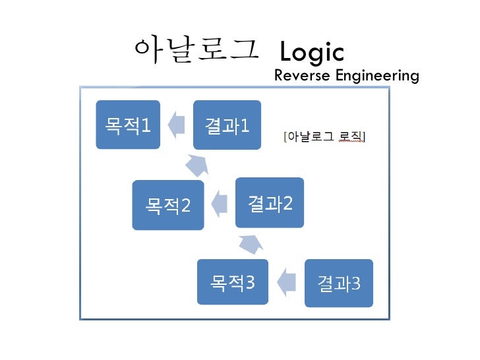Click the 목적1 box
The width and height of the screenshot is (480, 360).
point(128,125)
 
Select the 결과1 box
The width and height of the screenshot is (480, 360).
point(227,125)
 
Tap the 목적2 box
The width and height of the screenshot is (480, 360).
point(167,205)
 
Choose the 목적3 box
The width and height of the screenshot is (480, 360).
point(232,283)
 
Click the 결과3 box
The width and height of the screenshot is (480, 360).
point(339,284)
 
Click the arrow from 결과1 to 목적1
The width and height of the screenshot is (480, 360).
point(176,124)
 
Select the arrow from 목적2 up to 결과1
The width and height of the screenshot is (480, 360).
point(196,165)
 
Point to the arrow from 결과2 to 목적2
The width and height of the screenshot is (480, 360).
point(219,203)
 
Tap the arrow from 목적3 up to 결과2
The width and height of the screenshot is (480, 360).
point(251,244)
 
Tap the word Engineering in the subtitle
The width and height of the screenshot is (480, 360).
point(377,76)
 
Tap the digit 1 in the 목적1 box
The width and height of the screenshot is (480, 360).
point(146,125)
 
